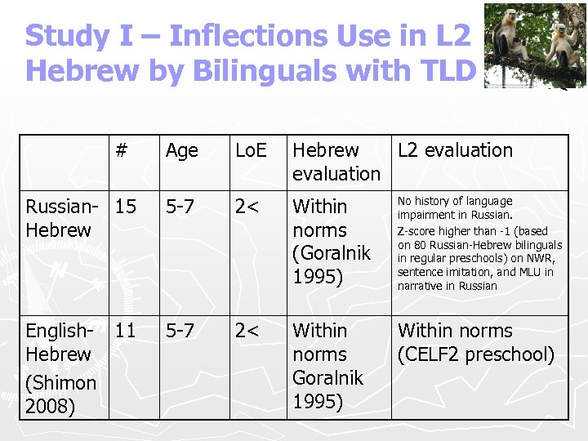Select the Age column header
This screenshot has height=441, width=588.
click(181, 150)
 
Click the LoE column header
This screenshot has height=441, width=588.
click(251, 150)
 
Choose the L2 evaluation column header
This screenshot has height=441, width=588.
click(455, 150)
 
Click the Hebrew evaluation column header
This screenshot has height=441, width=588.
click(336, 162)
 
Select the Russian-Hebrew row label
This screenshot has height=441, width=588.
click(58, 218)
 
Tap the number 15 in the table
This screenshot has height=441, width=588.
click(126, 207)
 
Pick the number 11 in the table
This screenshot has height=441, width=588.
click(126, 331)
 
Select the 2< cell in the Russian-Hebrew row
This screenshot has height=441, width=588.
click(247, 207)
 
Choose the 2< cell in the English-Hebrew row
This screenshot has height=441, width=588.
click(247, 331)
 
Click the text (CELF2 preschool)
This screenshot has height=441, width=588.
click(476, 354)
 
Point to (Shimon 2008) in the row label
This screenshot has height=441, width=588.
click(60, 394)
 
